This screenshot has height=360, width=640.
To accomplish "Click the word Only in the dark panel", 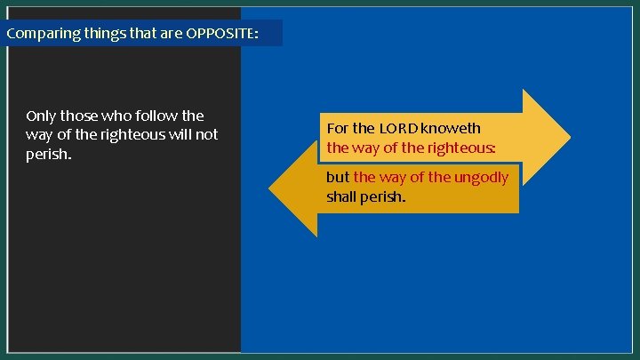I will point(41,116).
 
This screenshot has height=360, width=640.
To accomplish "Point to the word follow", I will point(155,116).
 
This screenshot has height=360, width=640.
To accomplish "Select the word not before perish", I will point(206,135).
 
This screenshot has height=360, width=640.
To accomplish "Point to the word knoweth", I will point(452,128).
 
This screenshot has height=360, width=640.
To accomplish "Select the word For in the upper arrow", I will point(338,128).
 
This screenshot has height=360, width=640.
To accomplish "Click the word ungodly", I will point(481,177).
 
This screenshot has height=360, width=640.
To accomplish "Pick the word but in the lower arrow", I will point(338,177).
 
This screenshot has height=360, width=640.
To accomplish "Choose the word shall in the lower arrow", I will point(341,196).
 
